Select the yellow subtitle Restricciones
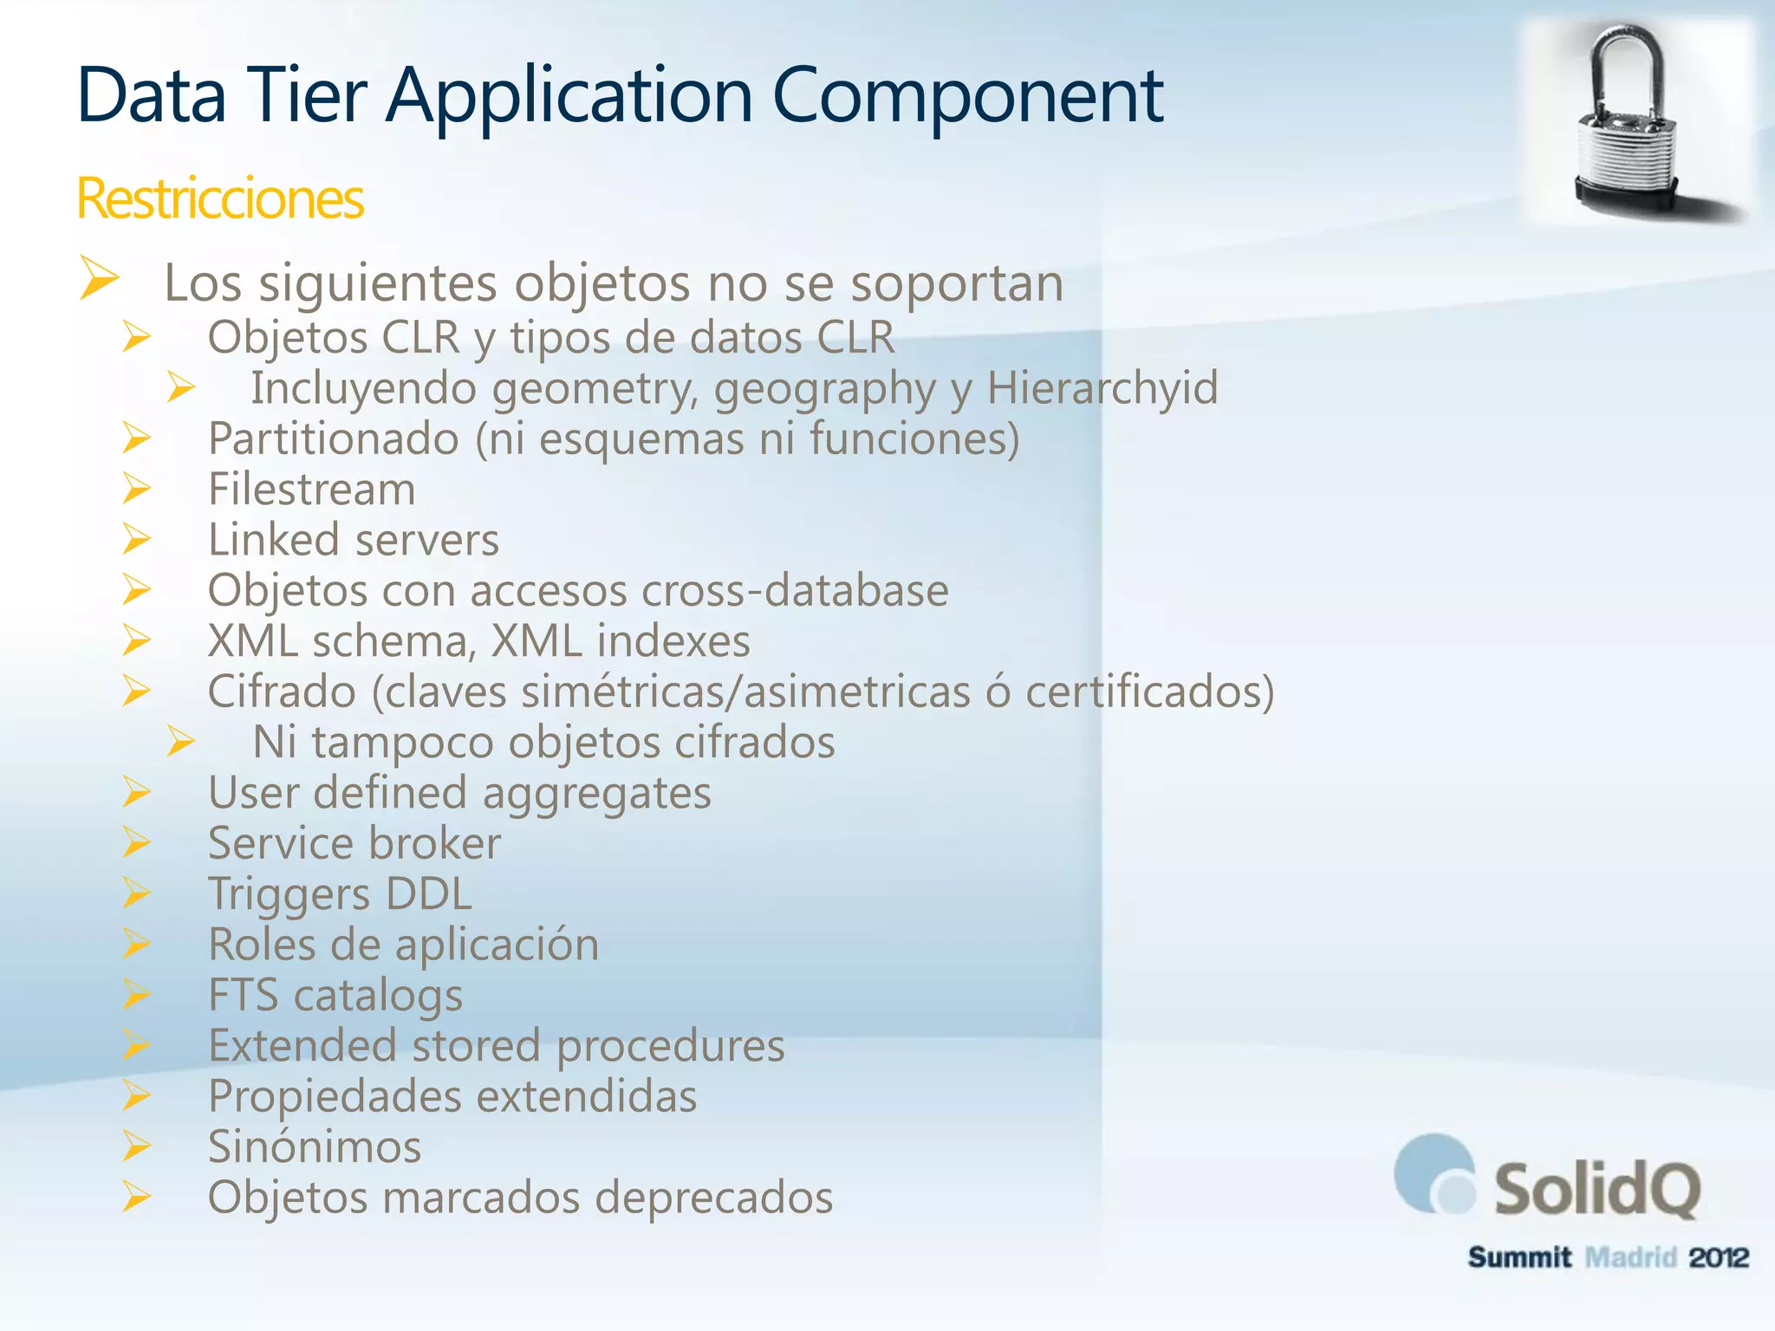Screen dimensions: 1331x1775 tap(220, 198)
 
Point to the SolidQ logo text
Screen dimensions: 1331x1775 tap(1596, 1189)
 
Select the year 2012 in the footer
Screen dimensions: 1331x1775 tap(1718, 1256)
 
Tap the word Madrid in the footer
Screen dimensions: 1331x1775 tap(1630, 1256)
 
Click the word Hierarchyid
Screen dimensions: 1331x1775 tap(1102, 387)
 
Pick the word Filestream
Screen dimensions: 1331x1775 tap(312, 490)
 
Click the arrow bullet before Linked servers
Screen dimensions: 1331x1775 tap(137, 539)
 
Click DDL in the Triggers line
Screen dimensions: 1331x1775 tap(428, 893)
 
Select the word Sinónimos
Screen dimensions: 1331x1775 tap(315, 1146)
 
